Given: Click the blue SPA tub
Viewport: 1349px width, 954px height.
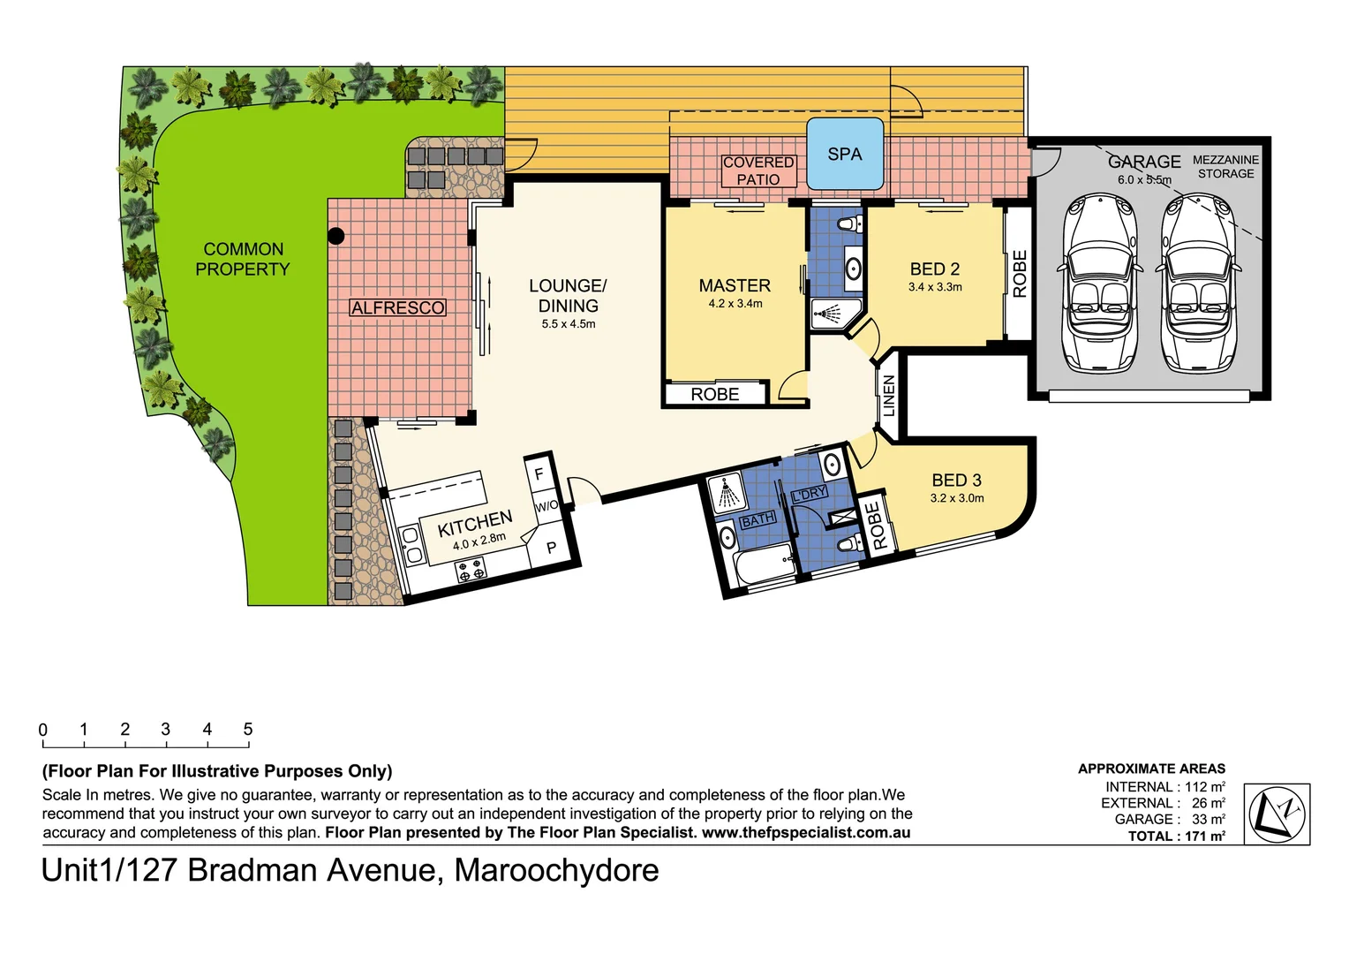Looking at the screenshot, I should [845, 154].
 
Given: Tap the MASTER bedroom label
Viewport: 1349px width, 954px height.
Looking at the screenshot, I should [735, 285].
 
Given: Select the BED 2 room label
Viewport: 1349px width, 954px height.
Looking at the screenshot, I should [934, 269].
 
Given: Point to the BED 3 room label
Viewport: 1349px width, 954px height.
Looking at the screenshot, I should [956, 481].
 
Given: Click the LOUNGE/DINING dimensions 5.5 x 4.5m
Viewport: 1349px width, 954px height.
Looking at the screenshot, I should [569, 324].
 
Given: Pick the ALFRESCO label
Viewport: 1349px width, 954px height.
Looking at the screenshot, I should [397, 307].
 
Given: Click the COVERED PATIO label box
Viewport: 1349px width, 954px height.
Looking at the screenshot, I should [758, 170].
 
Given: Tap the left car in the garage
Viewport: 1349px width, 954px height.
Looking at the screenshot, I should [1099, 283].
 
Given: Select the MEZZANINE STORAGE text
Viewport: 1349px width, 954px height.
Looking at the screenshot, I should [1225, 167].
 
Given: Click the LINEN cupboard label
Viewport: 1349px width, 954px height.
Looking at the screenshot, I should [889, 396].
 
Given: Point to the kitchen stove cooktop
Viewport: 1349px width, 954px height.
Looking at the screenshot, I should [471, 572].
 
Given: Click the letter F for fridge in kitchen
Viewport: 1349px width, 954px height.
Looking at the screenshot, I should [539, 474].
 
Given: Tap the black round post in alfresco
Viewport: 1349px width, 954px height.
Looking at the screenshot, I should [335, 236].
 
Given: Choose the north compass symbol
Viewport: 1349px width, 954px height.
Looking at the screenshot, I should [1277, 814].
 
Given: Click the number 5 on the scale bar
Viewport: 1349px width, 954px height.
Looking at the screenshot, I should [248, 730].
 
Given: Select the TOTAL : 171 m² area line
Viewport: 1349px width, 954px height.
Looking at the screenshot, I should [1176, 837].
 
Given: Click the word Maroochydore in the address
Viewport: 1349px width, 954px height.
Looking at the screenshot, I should [556, 871].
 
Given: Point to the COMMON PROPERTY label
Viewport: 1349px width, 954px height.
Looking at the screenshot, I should [243, 259].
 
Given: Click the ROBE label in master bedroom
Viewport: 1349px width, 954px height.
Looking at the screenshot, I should [714, 394].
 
